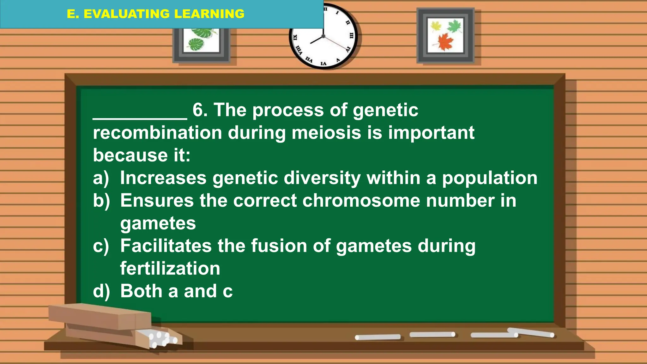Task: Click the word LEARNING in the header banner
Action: pyautogui.click(x=209, y=14)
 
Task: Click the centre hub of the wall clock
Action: pyautogui.click(x=323, y=36)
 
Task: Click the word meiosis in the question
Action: pyautogui.click(x=326, y=132)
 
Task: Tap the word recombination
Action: pyautogui.click(x=157, y=132)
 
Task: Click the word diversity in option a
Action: pyautogui.click(x=322, y=178)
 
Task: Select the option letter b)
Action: pyautogui.click(x=101, y=201)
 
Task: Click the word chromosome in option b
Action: pyautogui.click(x=361, y=201)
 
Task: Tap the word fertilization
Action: pyautogui.click(x=170, y=269)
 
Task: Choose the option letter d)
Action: pyautogui.click(x=101, y=291)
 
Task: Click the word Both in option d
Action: pyautogui.click(x=141, y=291)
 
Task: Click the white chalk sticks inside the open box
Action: pyautogui.click(x=161, y=338)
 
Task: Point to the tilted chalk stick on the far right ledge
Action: pyautogui.click(x=531, y=332)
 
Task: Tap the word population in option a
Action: pyautogui.click(x=489, y=178)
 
